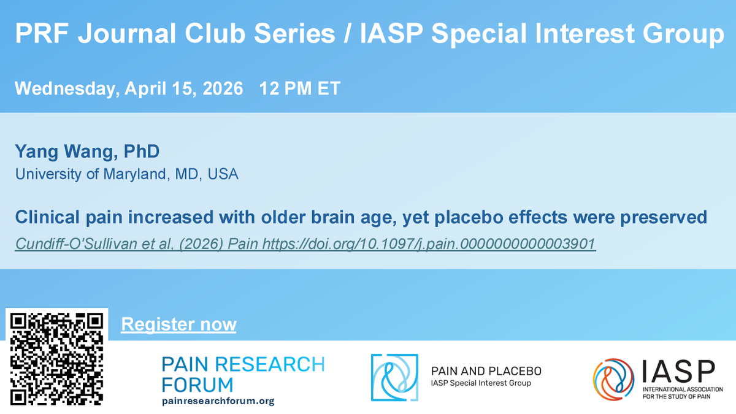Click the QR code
56,359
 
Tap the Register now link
178,324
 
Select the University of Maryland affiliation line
127,174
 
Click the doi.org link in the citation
429,244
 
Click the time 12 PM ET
300,88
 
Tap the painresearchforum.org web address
218,401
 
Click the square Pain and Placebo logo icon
394,377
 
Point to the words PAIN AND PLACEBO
486,371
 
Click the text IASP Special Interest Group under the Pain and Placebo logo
481,383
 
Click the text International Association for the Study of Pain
679,394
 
